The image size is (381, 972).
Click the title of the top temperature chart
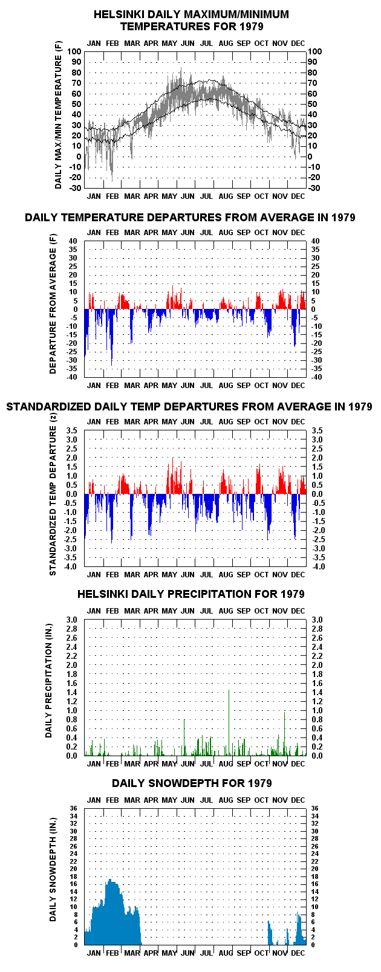(x=191, y=21)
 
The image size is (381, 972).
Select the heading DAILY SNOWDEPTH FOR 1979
(x=192, y=783)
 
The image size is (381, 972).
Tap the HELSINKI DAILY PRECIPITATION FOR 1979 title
(x=191, y=594)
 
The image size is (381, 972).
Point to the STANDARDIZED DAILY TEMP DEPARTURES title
(x=189, y=407)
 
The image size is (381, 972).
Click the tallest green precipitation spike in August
(x=229, y=722)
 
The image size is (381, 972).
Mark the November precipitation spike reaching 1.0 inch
(x=285, y=733)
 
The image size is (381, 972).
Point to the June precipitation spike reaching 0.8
(x=184, y=737)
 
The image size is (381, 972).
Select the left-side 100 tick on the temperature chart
(x=74, y=51)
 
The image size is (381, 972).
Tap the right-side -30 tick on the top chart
(x=314, y=188)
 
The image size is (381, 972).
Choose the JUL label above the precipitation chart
(x=207, y=611)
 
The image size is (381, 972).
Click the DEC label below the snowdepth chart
(x=298, y=953)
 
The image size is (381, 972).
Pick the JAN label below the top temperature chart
(x=94, y=196)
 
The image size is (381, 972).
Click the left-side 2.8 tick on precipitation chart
(x=71, y=629)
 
